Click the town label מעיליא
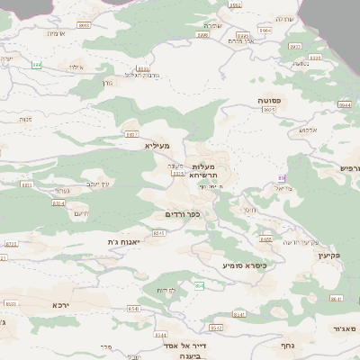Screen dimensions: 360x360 click(x=156, y=144)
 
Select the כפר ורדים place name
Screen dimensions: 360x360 click(x=181, y=215)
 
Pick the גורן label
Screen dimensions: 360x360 click(x=107, y=82)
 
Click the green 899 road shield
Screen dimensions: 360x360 click(x=37, y=65)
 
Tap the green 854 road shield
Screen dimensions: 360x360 click(x=199, y=286)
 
